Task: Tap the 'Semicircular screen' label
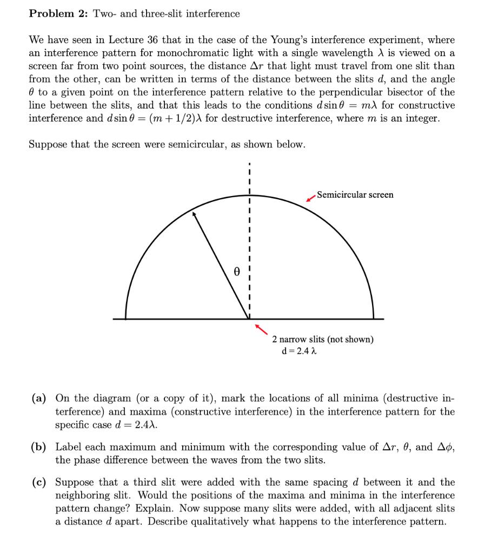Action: click(x=355, y=194)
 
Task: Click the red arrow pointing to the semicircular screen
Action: click(x=310, y=198)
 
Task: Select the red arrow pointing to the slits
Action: click(x=261, y=328)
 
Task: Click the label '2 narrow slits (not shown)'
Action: click(x=322, y=340)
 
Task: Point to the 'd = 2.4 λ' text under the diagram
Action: click(x=298, y=351)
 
